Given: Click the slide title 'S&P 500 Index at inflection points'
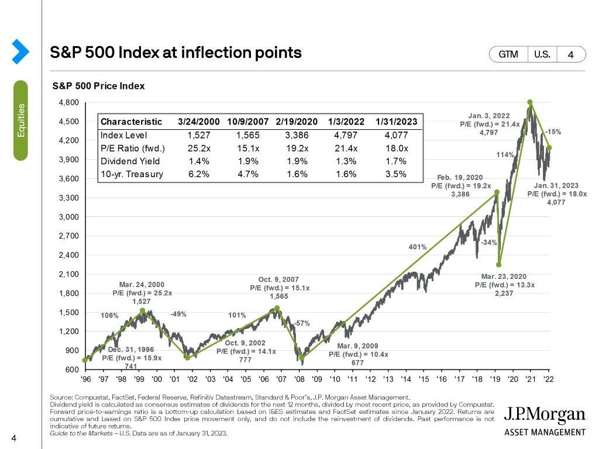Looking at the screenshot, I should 176,53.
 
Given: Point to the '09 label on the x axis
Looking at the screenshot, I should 316,379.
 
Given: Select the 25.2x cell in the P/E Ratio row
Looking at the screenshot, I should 198,148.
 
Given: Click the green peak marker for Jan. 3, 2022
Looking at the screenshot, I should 530,102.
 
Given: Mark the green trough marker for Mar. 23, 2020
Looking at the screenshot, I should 499,264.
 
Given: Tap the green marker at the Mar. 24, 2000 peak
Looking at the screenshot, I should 143,310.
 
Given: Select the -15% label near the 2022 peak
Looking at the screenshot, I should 553,132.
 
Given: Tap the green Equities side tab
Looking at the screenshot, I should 21,120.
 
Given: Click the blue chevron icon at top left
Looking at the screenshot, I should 20,51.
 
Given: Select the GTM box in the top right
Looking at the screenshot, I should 508,54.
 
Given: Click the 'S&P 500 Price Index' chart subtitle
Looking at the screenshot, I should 98,86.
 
